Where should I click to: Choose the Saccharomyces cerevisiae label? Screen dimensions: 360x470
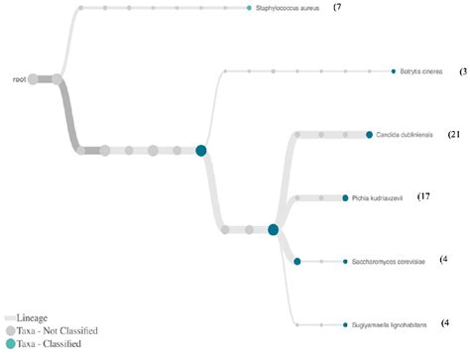(388, 262)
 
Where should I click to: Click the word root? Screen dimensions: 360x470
(19, 78)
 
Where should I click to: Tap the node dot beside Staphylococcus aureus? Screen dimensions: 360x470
(250, 8)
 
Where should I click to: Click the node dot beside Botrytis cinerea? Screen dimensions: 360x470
(394, 71)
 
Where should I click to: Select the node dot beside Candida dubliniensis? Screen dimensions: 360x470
(369, 135)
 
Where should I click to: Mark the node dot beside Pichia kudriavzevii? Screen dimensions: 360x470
(344, 198)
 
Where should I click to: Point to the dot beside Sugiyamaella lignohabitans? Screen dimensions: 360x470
(344, 324)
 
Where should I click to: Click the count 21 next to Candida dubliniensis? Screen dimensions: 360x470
(456, 134)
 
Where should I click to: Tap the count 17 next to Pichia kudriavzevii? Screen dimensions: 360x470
(424, 197)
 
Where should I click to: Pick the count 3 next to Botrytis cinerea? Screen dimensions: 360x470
(463, 71)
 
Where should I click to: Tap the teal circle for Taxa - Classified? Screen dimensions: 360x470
(10, 344)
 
